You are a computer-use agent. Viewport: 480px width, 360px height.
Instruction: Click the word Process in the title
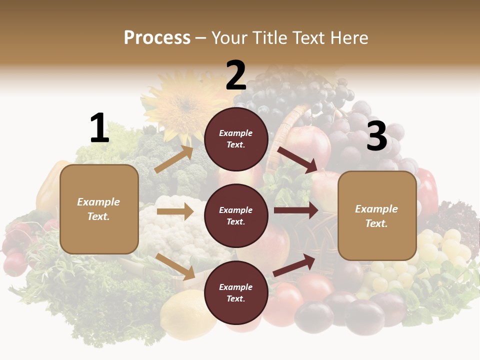pyautogui.click(x=157, y=38)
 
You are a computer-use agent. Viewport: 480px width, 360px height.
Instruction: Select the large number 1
pyautogui.click(x=99, y=128)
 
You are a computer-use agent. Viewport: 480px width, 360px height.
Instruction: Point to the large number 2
pyautogui.click(x=236, y=75)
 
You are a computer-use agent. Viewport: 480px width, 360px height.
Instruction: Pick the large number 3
pyautogui.click(x=376, y=136)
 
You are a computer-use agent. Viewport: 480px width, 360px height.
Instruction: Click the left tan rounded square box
pyautogui.click(x=99, y=209)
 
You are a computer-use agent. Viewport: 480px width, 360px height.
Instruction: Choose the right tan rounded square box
pyautogui.click(x=377, y=216)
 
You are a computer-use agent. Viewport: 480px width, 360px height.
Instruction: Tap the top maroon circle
pyautogui.click(x=236, y=139)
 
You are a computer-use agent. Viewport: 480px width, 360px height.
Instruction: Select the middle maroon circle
pyautogui.click(x=236, y=215)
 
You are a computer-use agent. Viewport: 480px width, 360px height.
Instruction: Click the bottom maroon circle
pyautogui.click(x=236, y=292)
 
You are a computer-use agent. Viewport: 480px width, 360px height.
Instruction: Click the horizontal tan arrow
pyautogui.click(x=175, y=211)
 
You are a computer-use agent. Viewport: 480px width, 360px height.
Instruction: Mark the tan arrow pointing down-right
pyautogui.click(x=175, y=266)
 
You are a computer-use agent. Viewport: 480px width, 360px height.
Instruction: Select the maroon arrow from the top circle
pyautogui.click(x=297, y=159)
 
